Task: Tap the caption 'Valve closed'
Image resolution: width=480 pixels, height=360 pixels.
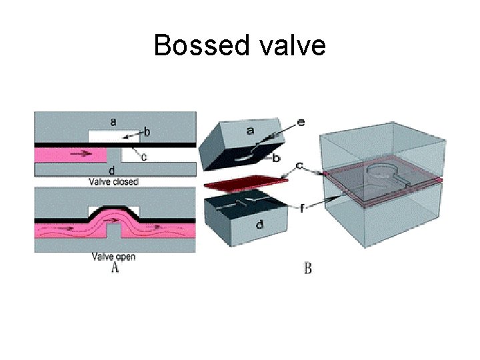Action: point(114,181)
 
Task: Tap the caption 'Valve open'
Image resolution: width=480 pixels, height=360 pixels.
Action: point(114,257)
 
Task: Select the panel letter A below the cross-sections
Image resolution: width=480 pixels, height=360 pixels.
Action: point(115,268)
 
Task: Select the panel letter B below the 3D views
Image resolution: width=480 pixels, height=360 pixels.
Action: point(308,269)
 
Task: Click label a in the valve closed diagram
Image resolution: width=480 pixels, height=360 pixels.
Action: point(113,121)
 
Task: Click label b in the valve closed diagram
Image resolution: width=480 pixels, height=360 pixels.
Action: point(147,133)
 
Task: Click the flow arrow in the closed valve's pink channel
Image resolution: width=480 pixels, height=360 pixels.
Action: point(82,153)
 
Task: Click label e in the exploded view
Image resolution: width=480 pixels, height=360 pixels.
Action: point(301,122)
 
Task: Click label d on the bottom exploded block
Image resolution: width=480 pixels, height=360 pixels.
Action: point(259,225)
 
